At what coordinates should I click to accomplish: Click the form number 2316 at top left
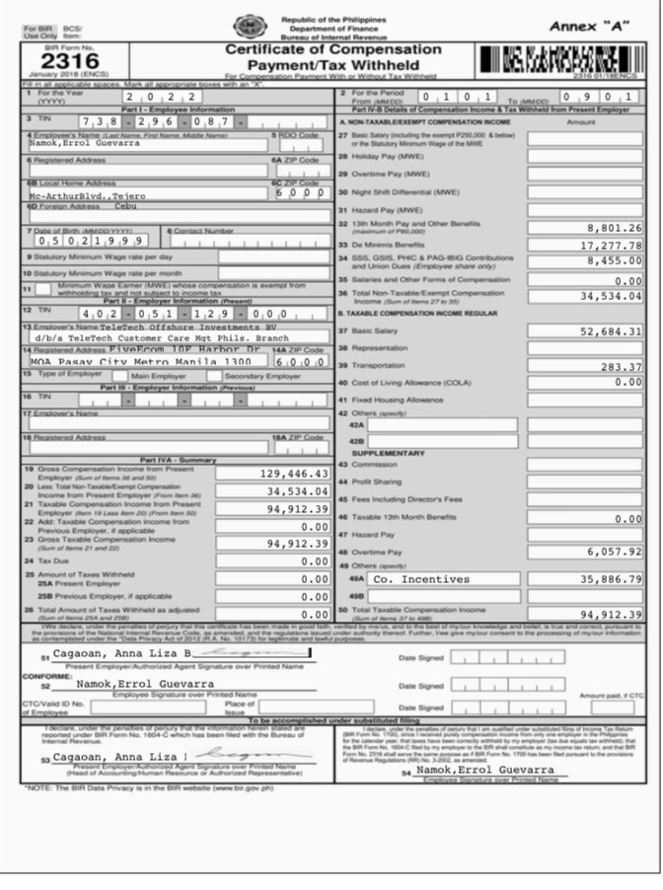(62, 58)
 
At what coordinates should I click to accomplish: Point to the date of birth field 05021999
(91, 240)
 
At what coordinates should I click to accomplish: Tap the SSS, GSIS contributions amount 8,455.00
(614, 260)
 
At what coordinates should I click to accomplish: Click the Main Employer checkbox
(125, 375)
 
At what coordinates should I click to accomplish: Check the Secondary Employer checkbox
(219, 375)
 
